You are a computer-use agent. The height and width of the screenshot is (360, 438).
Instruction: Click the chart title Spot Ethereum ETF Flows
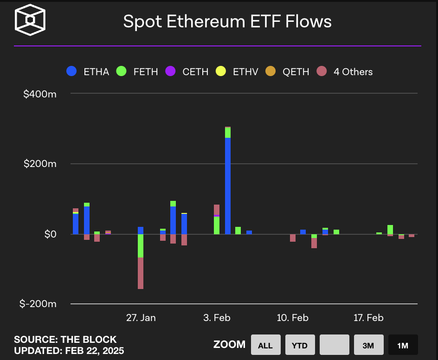[227, 22]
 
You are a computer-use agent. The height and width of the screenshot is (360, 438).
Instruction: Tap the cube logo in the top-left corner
[30, 20]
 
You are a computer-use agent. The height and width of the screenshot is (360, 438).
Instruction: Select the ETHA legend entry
[88, 71]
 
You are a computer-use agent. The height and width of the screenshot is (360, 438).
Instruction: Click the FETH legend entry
[137, 71]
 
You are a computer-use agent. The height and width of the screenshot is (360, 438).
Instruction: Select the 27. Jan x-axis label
[141, 318]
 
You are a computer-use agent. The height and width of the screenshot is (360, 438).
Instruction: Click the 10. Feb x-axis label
[293, 318]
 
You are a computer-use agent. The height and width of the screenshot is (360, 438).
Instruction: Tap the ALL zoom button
[265, 345]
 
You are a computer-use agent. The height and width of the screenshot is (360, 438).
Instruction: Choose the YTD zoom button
[300, 345]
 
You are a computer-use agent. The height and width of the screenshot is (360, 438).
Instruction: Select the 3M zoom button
[368, 345]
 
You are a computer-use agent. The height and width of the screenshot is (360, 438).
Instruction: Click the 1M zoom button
[403, 345]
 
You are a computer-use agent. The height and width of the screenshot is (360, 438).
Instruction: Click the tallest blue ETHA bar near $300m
[228, 186]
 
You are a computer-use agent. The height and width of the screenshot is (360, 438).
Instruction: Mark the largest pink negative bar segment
[141, 273]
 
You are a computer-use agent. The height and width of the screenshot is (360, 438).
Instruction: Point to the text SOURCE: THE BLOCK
[65, 340]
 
